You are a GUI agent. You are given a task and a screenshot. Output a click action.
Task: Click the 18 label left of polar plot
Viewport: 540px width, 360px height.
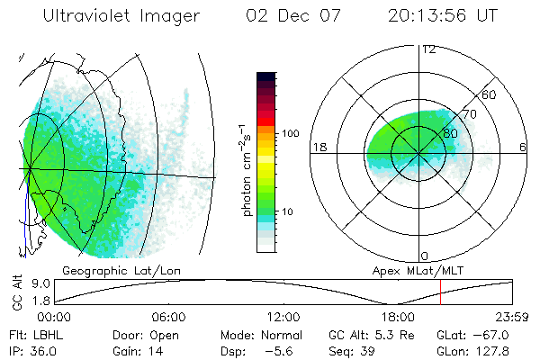tap(317, 147)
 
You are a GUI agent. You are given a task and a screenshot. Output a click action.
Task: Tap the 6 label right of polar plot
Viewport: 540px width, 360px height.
tap(523, 147)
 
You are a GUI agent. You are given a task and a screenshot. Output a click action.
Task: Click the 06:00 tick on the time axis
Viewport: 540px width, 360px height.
tap(168, 317)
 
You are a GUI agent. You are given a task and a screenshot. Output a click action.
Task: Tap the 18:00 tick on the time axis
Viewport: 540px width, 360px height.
tap(398, 317)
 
